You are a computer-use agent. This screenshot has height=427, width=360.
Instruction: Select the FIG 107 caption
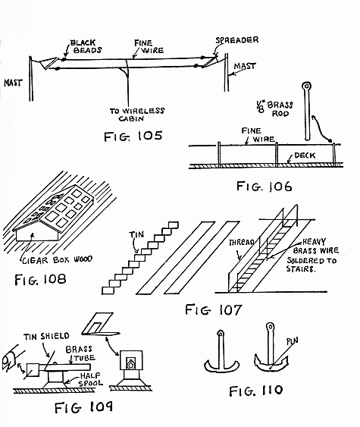(x=212, y=309)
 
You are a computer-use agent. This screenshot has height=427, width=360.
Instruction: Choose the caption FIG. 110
(x=255, y=391)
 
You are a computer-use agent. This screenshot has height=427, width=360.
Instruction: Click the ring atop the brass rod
(x=307, y=88)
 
